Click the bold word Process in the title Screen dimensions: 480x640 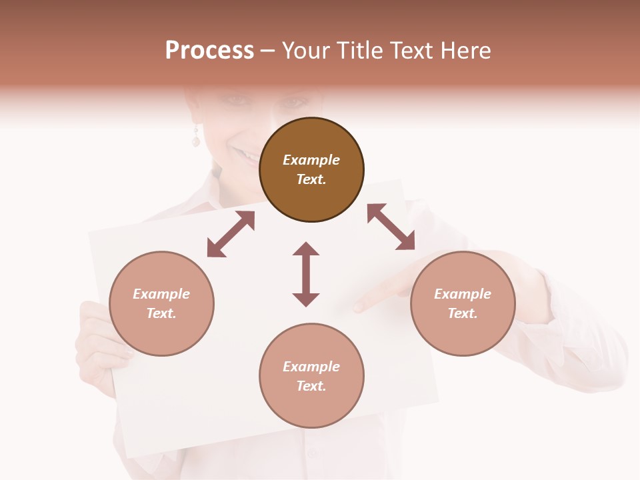coord(209,51)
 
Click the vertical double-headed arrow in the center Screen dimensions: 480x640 coord(306,274)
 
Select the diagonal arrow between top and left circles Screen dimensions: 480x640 coord(231,234)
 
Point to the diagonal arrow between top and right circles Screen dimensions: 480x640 coord(391,227)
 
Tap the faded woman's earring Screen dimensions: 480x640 coord(196,139)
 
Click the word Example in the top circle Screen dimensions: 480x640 coord(311,160)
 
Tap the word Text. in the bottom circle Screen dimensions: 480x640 coord(311,386)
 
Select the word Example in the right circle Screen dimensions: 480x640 coord(463,294)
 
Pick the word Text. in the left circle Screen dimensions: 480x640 coord(161,313)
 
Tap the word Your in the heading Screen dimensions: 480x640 coord(305,51)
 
